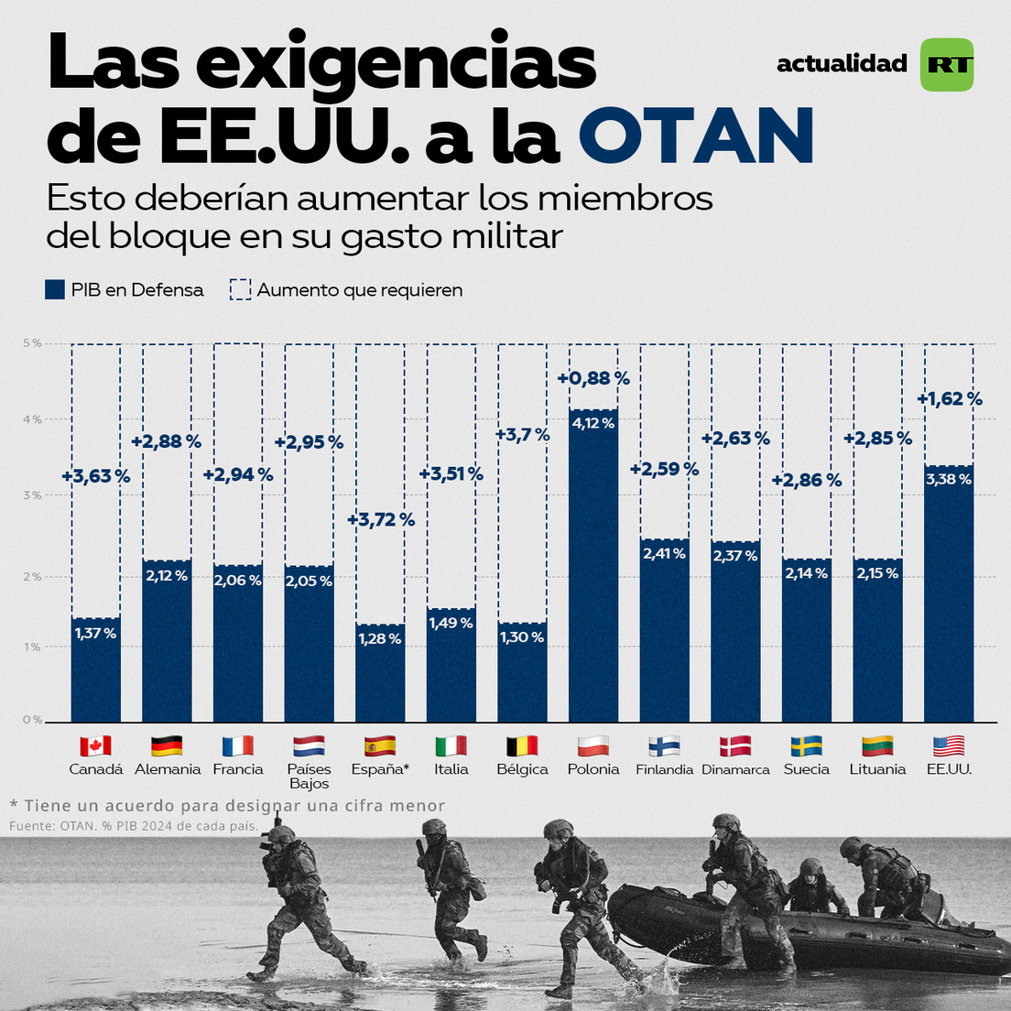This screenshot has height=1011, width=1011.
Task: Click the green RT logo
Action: [947, 64]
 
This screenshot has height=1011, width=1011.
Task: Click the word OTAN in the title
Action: [696, 136]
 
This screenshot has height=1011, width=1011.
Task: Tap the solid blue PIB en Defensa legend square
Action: [55, 290]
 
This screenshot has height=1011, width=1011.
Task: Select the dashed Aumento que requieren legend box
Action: [240, 290]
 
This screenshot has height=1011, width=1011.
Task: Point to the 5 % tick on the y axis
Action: [32, 343]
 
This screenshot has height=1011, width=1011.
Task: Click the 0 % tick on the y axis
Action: [32, 720]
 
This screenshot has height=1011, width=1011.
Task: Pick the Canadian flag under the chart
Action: [95, 745]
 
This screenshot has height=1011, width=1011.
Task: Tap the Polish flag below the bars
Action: [593, 745]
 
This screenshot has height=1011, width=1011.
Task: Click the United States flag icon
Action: [949, 745]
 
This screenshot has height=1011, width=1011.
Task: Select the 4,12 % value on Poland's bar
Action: [592, 423]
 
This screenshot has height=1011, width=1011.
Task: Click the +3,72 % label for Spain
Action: [381, 520]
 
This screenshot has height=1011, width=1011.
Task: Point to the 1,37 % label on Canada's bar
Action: [95, 633]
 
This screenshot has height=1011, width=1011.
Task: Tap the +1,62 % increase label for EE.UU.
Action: [950, 399]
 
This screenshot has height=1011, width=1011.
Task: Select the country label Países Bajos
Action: [309, 777]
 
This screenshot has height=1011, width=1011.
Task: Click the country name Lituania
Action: [877, 769]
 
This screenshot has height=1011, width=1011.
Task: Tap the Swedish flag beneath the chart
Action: [807, 745]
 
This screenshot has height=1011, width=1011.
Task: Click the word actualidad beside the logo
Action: [842, 63]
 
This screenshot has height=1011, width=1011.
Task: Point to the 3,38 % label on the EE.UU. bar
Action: [949, 479]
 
